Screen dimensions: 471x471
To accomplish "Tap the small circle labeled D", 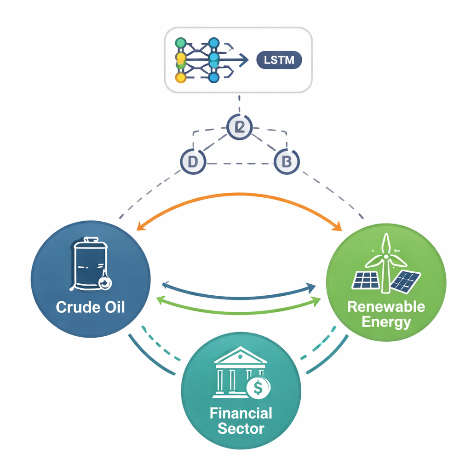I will [193, 162].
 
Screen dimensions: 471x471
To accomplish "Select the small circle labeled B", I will [287, 162].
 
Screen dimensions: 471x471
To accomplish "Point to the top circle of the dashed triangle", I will [240, 127].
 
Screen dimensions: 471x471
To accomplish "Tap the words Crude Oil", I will [90, 307].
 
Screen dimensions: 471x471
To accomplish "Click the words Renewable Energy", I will [386, 314].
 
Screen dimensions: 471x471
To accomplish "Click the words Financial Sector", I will [241, 420].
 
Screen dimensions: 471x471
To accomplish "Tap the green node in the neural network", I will [181, 43].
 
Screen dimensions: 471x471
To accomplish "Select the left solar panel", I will [366, 280].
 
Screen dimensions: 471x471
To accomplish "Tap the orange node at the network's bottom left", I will [181, 77].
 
